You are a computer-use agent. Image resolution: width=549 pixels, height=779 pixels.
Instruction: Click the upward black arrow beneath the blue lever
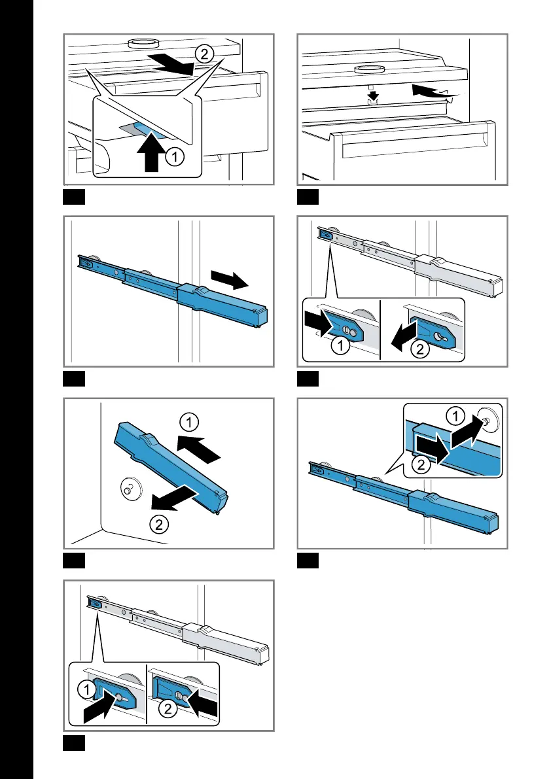[152, 152]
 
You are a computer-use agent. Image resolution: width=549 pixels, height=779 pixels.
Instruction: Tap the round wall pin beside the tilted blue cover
[130, 487]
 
